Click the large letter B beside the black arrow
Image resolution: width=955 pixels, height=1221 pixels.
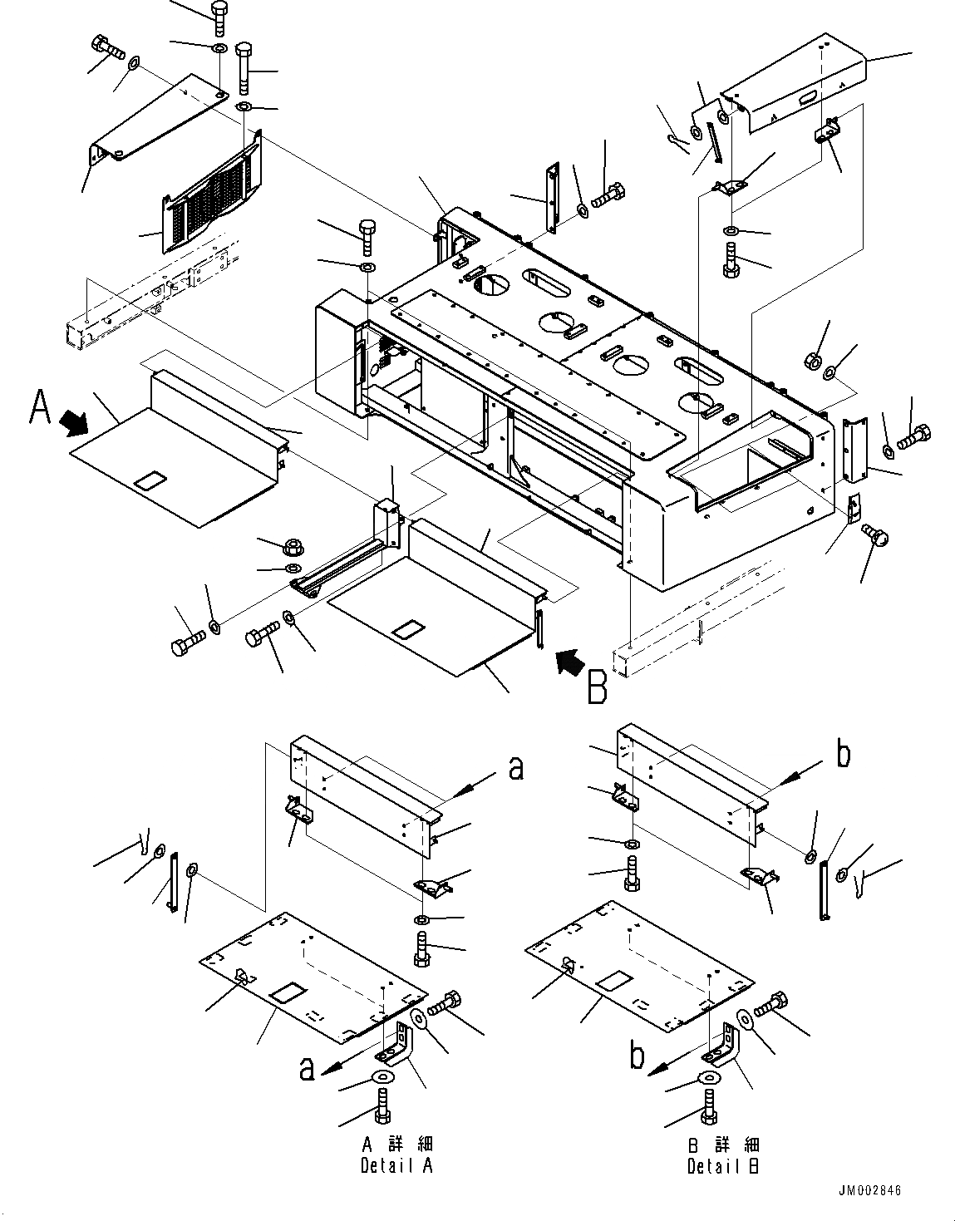tap(597, 687)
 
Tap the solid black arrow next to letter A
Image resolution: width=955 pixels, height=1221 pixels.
tap(76, 425)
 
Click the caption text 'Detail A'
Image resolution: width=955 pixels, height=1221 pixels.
tap(396, 1165)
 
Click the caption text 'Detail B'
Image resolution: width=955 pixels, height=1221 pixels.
tap(722, 1166)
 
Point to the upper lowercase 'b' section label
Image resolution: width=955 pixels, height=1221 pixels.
tap(843, 756)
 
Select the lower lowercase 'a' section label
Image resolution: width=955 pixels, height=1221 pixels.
tap(308, 1071)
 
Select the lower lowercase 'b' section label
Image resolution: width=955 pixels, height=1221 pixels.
tap(636, 1056)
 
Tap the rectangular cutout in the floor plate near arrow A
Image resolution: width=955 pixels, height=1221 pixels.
tap(150, 480)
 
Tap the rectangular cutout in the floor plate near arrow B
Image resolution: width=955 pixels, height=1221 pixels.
tap(410, 629)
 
